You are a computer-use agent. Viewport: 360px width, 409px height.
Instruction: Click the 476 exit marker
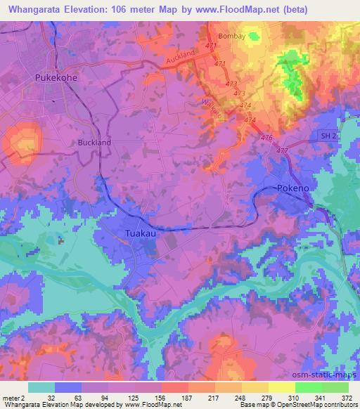[x=266, y=138]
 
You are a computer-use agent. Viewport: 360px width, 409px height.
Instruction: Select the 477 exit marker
[x=282, y=151]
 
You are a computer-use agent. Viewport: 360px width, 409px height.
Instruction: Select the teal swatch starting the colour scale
[x=41, y=387]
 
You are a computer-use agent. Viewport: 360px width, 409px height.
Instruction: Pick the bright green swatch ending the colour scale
[x=335, y=387]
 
